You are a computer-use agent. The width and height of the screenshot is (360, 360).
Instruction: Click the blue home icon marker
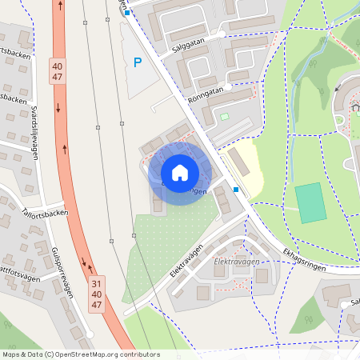[x=180, y=173]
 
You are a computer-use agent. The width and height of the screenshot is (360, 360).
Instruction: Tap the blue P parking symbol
[x=138, y=62]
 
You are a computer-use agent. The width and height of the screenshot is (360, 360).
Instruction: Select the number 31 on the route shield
[x=96, y=283]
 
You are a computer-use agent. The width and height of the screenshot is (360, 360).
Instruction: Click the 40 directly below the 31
[x=96, y=294]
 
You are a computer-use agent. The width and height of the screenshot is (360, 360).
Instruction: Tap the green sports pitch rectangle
[x=310, y=202]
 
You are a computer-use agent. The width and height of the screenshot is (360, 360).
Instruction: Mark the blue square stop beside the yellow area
[x=236, y=190]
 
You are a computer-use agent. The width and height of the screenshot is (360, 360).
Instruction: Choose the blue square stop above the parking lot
[x=126, y=13]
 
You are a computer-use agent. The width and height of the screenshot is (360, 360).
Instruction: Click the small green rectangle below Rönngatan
[x=224, y=117]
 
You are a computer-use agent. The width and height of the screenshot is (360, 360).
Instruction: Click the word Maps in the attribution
[x=11, y=354]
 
